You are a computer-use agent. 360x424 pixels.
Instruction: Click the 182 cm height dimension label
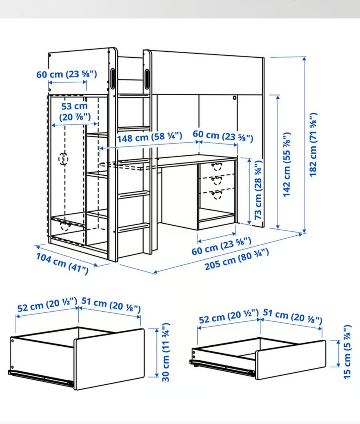(x=313, y=145)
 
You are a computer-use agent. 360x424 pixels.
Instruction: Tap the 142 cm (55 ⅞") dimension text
(x=286, y=164)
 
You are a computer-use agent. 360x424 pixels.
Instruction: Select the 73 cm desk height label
(x=258, y=190)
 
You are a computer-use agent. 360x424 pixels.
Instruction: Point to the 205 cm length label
(x=237, y=259)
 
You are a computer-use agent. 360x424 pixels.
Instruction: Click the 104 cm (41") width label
(x=63, y=263)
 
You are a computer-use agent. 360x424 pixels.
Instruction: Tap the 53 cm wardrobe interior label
(x=75, y=111)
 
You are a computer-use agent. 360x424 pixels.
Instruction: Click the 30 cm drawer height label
(x=166, y=352)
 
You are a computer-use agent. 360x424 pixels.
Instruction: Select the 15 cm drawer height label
(x=347, y=352)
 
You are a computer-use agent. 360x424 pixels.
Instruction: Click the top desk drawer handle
(x=216, y=166)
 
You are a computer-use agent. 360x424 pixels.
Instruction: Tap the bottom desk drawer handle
(x=216, y=194)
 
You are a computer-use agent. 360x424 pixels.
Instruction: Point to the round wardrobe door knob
(x=63, y=159)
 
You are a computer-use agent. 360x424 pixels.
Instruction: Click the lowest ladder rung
(x=133, y=227)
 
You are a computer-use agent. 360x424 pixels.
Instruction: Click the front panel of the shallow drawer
(x=291, y=360)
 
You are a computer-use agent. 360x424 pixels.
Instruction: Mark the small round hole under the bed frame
(x=234, y=98)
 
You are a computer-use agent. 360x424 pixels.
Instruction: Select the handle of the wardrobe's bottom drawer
(x=66, y=225)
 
